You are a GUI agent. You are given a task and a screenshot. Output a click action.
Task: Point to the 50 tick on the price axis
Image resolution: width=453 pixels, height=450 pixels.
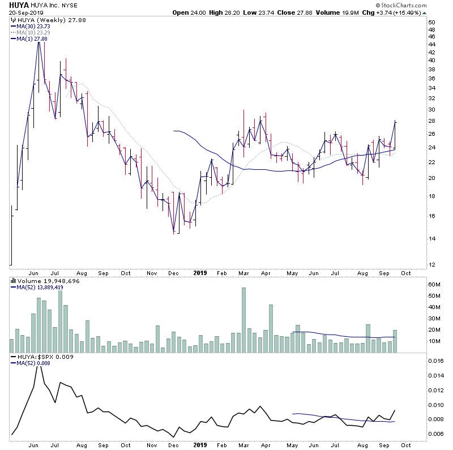(431, 23)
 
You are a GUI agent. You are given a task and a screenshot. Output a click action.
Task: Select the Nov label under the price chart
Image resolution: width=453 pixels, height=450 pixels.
(151, 272)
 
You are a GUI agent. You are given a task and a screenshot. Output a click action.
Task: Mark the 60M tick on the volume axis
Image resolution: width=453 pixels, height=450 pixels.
(434, 285)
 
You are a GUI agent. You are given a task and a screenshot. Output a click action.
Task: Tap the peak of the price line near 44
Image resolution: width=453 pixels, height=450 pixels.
(39, 42)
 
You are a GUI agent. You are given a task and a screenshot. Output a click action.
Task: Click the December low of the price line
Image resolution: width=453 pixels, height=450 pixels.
(174, 232)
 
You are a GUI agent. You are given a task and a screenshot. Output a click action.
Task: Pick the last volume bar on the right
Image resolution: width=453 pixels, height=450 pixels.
(395, 341)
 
